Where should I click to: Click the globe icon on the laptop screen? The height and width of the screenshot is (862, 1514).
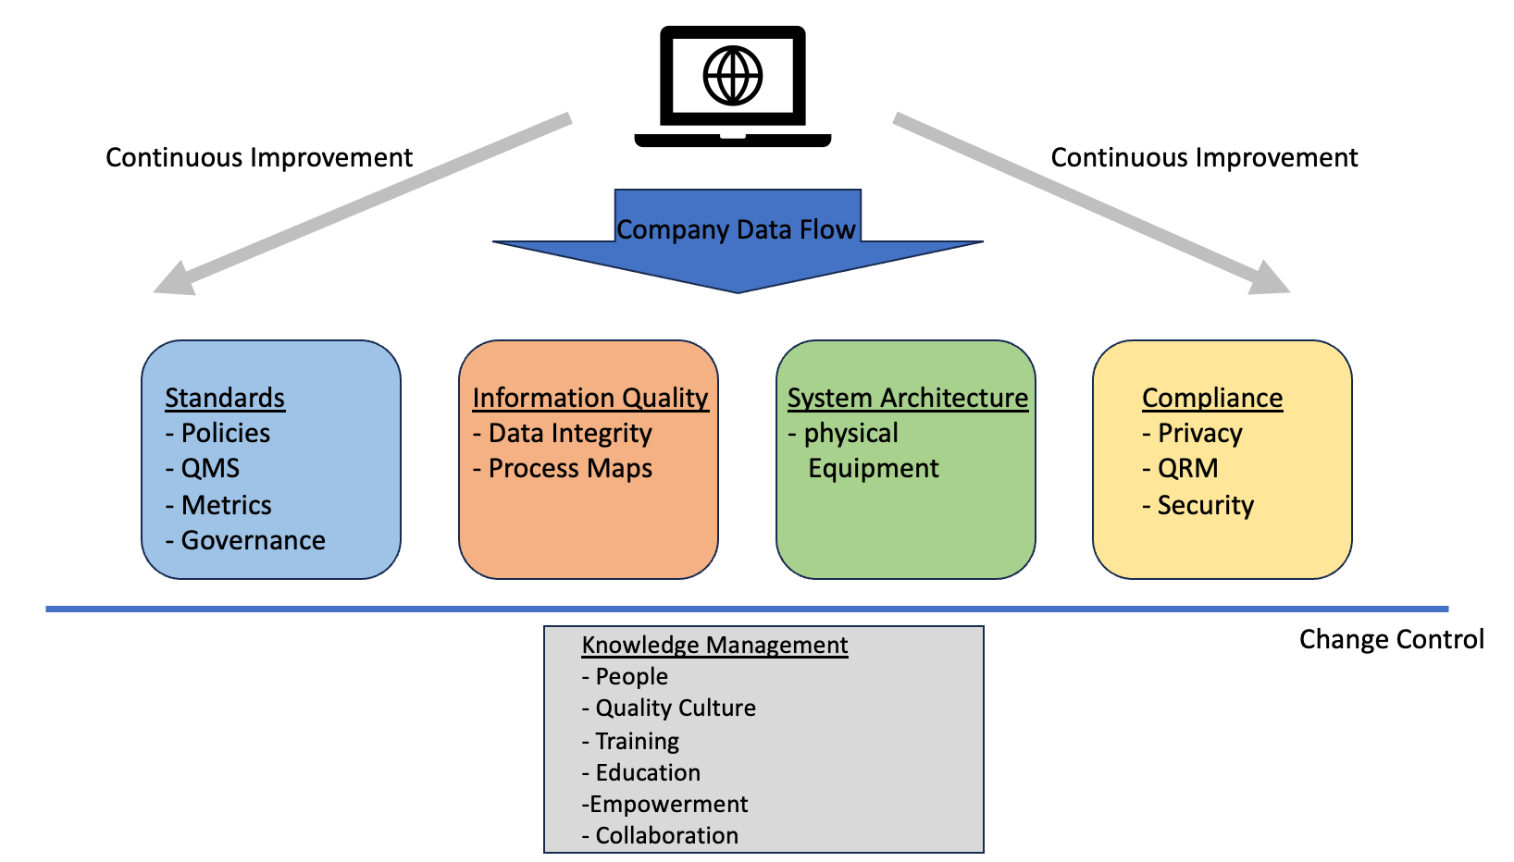(732, 76)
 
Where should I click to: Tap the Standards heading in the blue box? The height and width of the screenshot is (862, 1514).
(225, 398)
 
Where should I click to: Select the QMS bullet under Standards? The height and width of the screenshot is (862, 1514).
(203, 468)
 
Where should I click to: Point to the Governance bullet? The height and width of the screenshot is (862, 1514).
(245, 540)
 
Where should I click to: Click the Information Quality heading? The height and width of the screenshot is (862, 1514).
(590, 398)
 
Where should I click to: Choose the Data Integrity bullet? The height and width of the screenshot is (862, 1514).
(563, 433)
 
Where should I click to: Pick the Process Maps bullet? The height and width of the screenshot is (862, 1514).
(563, 468)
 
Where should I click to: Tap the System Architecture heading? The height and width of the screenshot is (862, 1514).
(908, 398)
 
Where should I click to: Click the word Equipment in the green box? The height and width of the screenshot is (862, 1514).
(874, 468)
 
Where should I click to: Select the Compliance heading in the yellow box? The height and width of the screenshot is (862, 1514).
(1212, 398)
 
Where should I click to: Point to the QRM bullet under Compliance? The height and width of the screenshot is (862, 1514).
(1181, 468)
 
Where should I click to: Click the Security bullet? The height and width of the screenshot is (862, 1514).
(1198, 505)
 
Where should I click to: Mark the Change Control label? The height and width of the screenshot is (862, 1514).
(1391, 639)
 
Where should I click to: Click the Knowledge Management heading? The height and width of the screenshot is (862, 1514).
(714, 645)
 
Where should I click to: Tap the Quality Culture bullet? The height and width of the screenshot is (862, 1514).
(669, 708)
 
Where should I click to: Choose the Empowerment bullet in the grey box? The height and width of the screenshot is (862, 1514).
(665, 804)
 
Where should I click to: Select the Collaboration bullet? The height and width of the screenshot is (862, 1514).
(661, 835)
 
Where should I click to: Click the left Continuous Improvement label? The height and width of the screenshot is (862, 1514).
(259, 157)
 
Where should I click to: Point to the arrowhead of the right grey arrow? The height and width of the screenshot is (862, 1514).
(1272, 279)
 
